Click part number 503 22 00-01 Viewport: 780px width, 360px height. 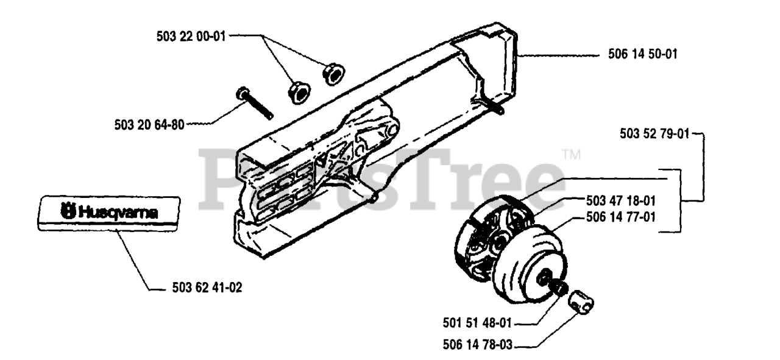[190, 37]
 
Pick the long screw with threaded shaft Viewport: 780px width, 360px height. [253, 104]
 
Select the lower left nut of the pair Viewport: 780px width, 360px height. [297, 93]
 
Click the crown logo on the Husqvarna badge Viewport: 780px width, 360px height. [68, 213]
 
